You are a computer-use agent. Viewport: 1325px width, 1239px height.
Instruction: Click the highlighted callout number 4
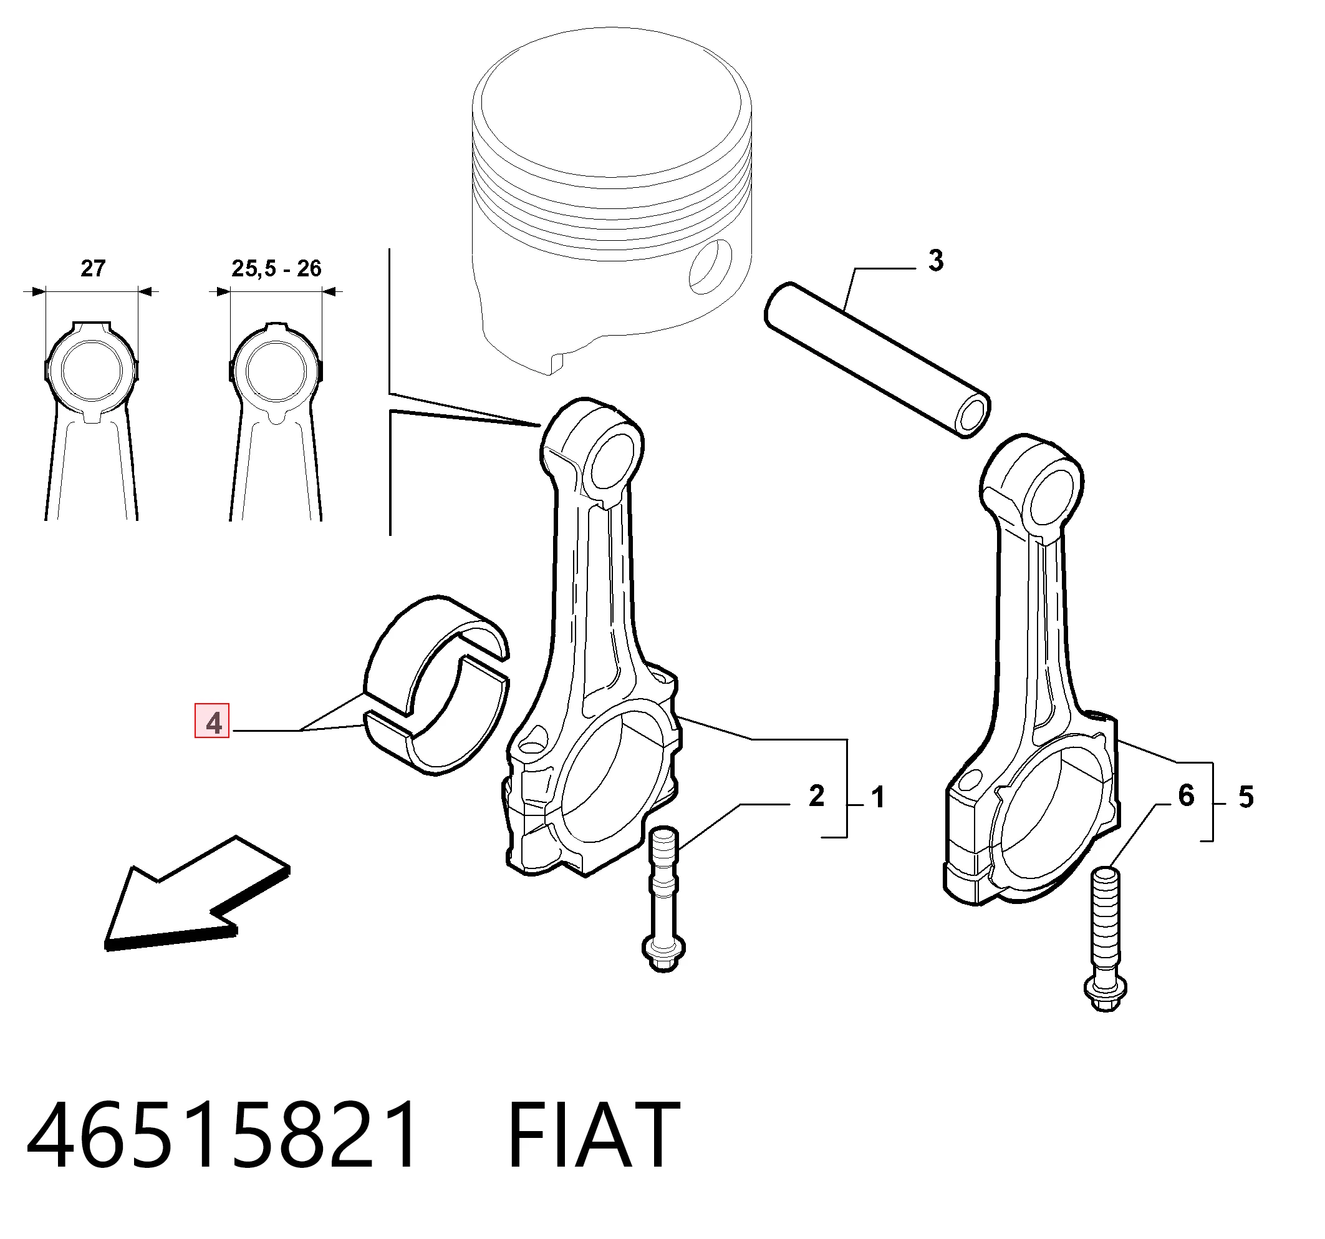(x=212, y=722)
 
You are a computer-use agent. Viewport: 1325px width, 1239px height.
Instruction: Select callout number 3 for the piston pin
(x=937, y=261)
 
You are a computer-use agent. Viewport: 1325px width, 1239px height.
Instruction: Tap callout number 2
(x=816, y=796)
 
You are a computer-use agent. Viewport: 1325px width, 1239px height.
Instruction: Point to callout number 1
(x=879, y=797)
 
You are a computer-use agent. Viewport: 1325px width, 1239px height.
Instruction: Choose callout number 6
(x=1187, y=795)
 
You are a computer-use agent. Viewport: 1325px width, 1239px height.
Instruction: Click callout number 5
(x=1246, y=797)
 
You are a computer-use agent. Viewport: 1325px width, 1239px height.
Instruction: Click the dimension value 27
(x=93, y=268)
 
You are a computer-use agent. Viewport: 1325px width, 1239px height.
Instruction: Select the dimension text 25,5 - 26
(x=276, y=268)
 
